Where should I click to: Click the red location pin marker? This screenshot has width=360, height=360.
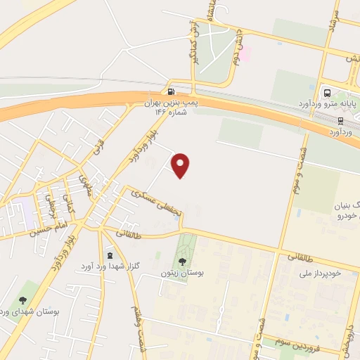pyautogui.click(x=181, y=165)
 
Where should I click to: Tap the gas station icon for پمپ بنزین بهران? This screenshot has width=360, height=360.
pyautogui.click(x=171, y=91)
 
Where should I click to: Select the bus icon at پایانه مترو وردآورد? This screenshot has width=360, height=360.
pyautogui.click(x=326, y=91)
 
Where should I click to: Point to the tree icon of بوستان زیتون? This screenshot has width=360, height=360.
pyautogui.click(x=183, y=262)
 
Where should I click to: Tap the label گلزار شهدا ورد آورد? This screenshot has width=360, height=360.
pyautogui.click(x=106, y=266)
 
